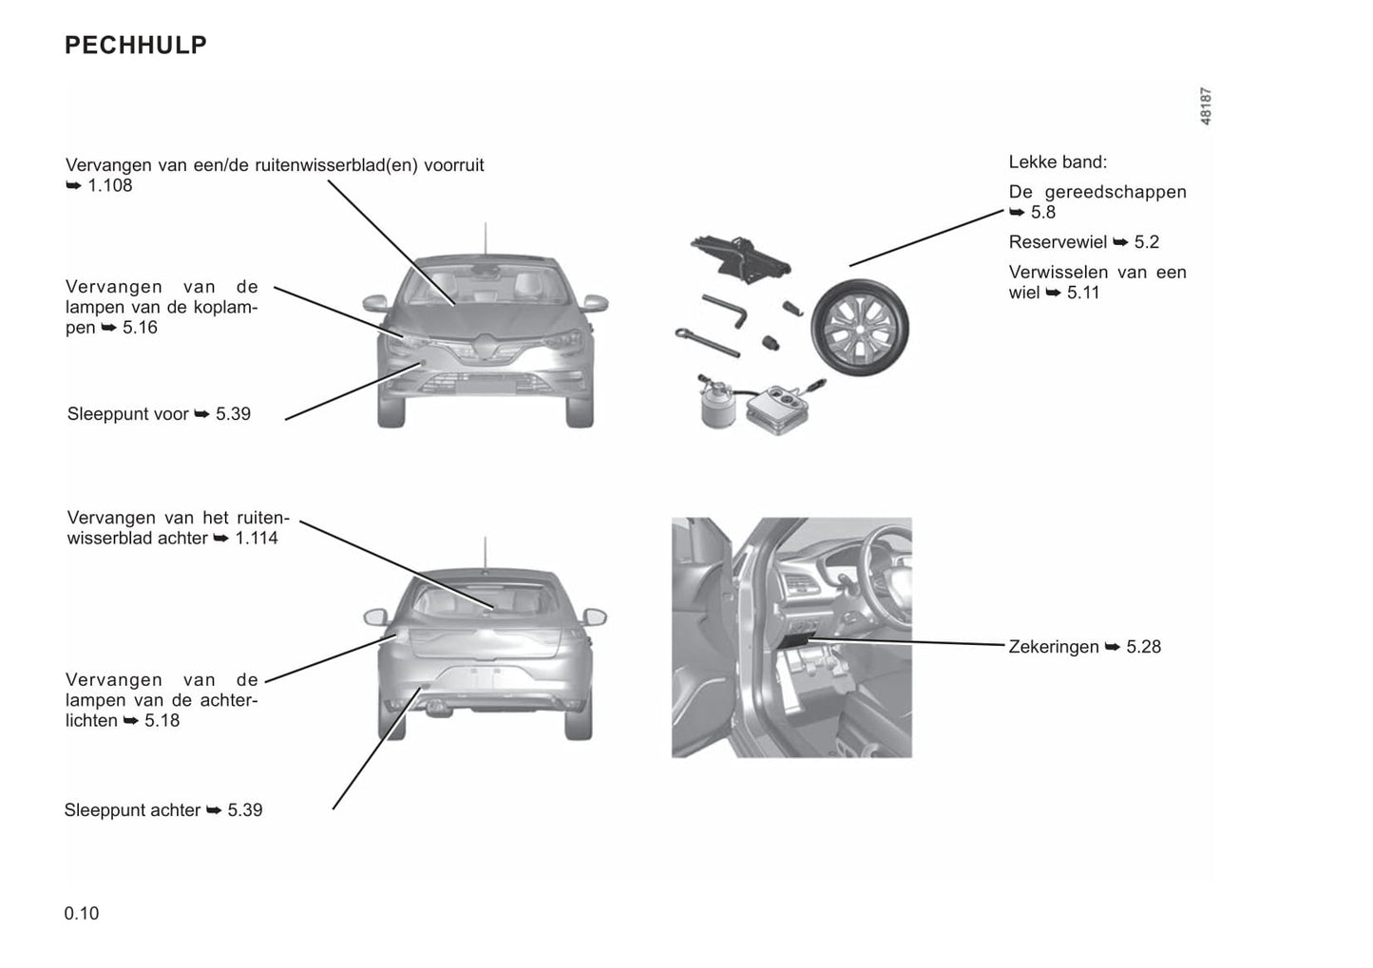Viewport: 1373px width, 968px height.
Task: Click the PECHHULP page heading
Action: [136, 46]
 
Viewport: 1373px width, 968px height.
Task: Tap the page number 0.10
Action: [82, 913]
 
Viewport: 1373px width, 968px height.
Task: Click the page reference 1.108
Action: [110, 185]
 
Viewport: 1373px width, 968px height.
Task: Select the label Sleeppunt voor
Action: [127, 414]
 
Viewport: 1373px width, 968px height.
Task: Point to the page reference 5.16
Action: [140, 328]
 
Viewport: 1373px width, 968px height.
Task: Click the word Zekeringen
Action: [1053, 647]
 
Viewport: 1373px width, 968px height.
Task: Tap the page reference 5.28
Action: [1143, 647]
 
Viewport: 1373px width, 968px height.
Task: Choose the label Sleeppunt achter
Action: [132, 810]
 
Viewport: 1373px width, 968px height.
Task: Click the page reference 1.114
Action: [257, 539]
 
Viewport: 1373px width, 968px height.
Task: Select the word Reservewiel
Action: [1058, 242]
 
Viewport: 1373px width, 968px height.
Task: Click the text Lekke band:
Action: [1058, 162]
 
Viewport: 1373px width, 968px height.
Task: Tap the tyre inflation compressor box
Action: [779, 408]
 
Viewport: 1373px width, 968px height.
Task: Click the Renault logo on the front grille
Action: [485, 347]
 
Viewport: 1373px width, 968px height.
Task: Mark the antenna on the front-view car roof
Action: [485, 239]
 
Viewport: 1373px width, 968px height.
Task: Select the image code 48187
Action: [1205, 106]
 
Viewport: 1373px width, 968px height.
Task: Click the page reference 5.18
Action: [162, 721]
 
